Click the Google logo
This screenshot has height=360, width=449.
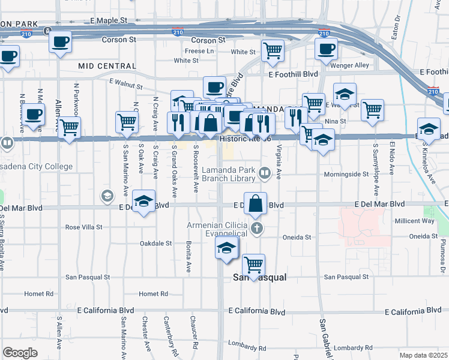coord(20,353)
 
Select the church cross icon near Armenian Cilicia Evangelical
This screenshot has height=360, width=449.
coord(258,228)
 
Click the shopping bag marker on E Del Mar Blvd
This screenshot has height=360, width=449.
coord(256,204)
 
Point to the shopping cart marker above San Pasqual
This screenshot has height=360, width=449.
coord(254,263)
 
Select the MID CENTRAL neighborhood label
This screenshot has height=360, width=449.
coord(106,65)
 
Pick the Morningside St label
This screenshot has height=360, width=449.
coord(346,174)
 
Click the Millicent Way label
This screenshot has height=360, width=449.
coord(414,221)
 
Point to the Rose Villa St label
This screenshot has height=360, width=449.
coord(85,227)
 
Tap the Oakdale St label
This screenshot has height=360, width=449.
coord(155,244)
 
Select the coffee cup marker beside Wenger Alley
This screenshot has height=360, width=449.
coord(326,49)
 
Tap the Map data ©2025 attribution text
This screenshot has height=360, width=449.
coord(423,355)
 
